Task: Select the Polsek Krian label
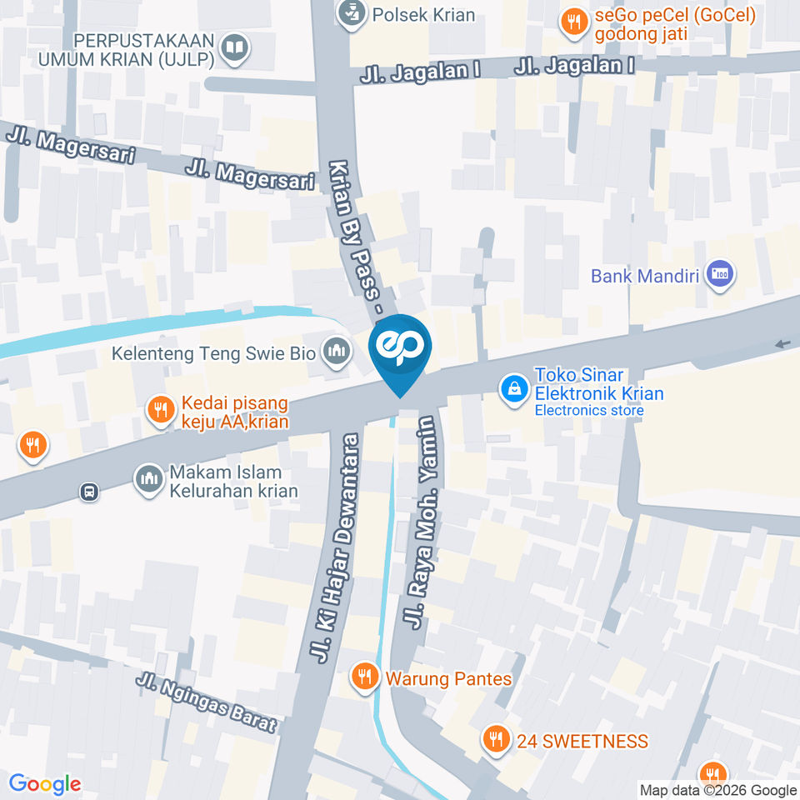tap(423, 14)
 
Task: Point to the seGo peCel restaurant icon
tap(572, 23)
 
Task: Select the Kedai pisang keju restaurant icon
tap(159, 409)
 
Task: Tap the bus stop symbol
tap(89, 492)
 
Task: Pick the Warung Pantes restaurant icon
tap(363, 677)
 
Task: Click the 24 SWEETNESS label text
tap(582, 741)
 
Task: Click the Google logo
tap(45, 784)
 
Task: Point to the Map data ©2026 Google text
tap(718, 790)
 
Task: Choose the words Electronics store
tap(588, 410)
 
